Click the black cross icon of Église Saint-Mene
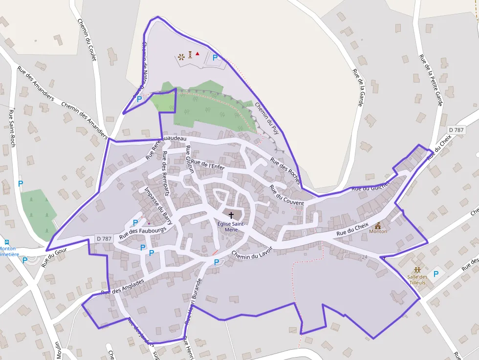click(x=231, y=215)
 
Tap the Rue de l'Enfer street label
click(x=208, y=165)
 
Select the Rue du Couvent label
click(x=286, y=195)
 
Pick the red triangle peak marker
click(x=197, y=53)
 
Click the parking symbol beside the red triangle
click(x=215, y=58)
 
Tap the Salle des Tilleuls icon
click(x=417, y=270)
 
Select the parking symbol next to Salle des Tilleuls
click(x=436, y=274)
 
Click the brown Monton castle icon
click(x=378, y=225)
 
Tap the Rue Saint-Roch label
click(x=12, y=128)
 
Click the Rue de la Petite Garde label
click(x=430, y=80)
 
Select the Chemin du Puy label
click(x=263, y=115)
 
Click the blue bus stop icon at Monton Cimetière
click(x=7, y=242)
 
